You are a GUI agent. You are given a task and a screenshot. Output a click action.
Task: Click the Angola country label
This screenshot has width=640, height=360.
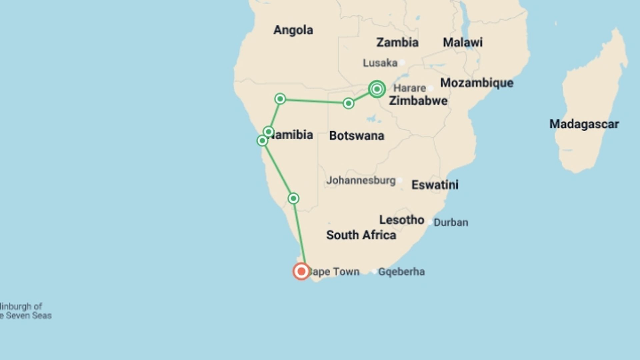click(293, 30)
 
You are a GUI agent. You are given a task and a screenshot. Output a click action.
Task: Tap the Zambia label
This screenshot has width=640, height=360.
click(397, 42)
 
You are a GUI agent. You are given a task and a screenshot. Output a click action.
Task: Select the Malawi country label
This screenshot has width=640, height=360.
click(462, 42)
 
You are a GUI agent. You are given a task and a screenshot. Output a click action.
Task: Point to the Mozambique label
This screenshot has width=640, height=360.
click(477, 83)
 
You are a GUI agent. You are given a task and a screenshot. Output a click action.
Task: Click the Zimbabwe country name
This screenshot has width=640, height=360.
click(418, 101)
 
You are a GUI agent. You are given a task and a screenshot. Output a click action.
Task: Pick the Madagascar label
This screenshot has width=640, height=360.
click(584, 124)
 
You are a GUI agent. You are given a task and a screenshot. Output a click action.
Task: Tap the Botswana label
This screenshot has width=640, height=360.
click(356, 136)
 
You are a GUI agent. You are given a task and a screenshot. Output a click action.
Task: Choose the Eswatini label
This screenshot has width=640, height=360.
click(435, 185)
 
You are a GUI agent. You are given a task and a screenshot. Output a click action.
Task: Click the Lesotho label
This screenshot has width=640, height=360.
click(401, 220)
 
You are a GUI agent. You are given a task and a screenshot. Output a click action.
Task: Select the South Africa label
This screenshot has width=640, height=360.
click(361, 235)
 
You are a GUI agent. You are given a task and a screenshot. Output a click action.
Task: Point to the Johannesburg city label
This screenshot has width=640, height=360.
click(361, 180)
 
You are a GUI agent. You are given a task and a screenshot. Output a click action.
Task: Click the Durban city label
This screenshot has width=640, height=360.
click(451, 222)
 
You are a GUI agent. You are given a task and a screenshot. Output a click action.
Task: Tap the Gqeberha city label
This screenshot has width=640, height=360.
click(401, 272)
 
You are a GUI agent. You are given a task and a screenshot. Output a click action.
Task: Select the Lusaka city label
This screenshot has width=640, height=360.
click(380, 63)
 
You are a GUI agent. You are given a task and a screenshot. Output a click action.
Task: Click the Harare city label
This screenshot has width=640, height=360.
click(410, 88)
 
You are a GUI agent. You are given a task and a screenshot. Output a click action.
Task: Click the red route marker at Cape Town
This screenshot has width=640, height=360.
click(301, 271)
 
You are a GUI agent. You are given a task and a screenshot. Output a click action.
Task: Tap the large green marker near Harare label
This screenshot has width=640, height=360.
click(377, 89)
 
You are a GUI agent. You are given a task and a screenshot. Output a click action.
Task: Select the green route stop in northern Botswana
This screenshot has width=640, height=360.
click(348, 103)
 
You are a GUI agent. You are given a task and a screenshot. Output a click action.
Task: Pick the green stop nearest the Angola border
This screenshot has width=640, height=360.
click(280, 99)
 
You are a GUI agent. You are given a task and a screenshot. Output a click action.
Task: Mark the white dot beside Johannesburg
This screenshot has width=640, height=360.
click(400, 180)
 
